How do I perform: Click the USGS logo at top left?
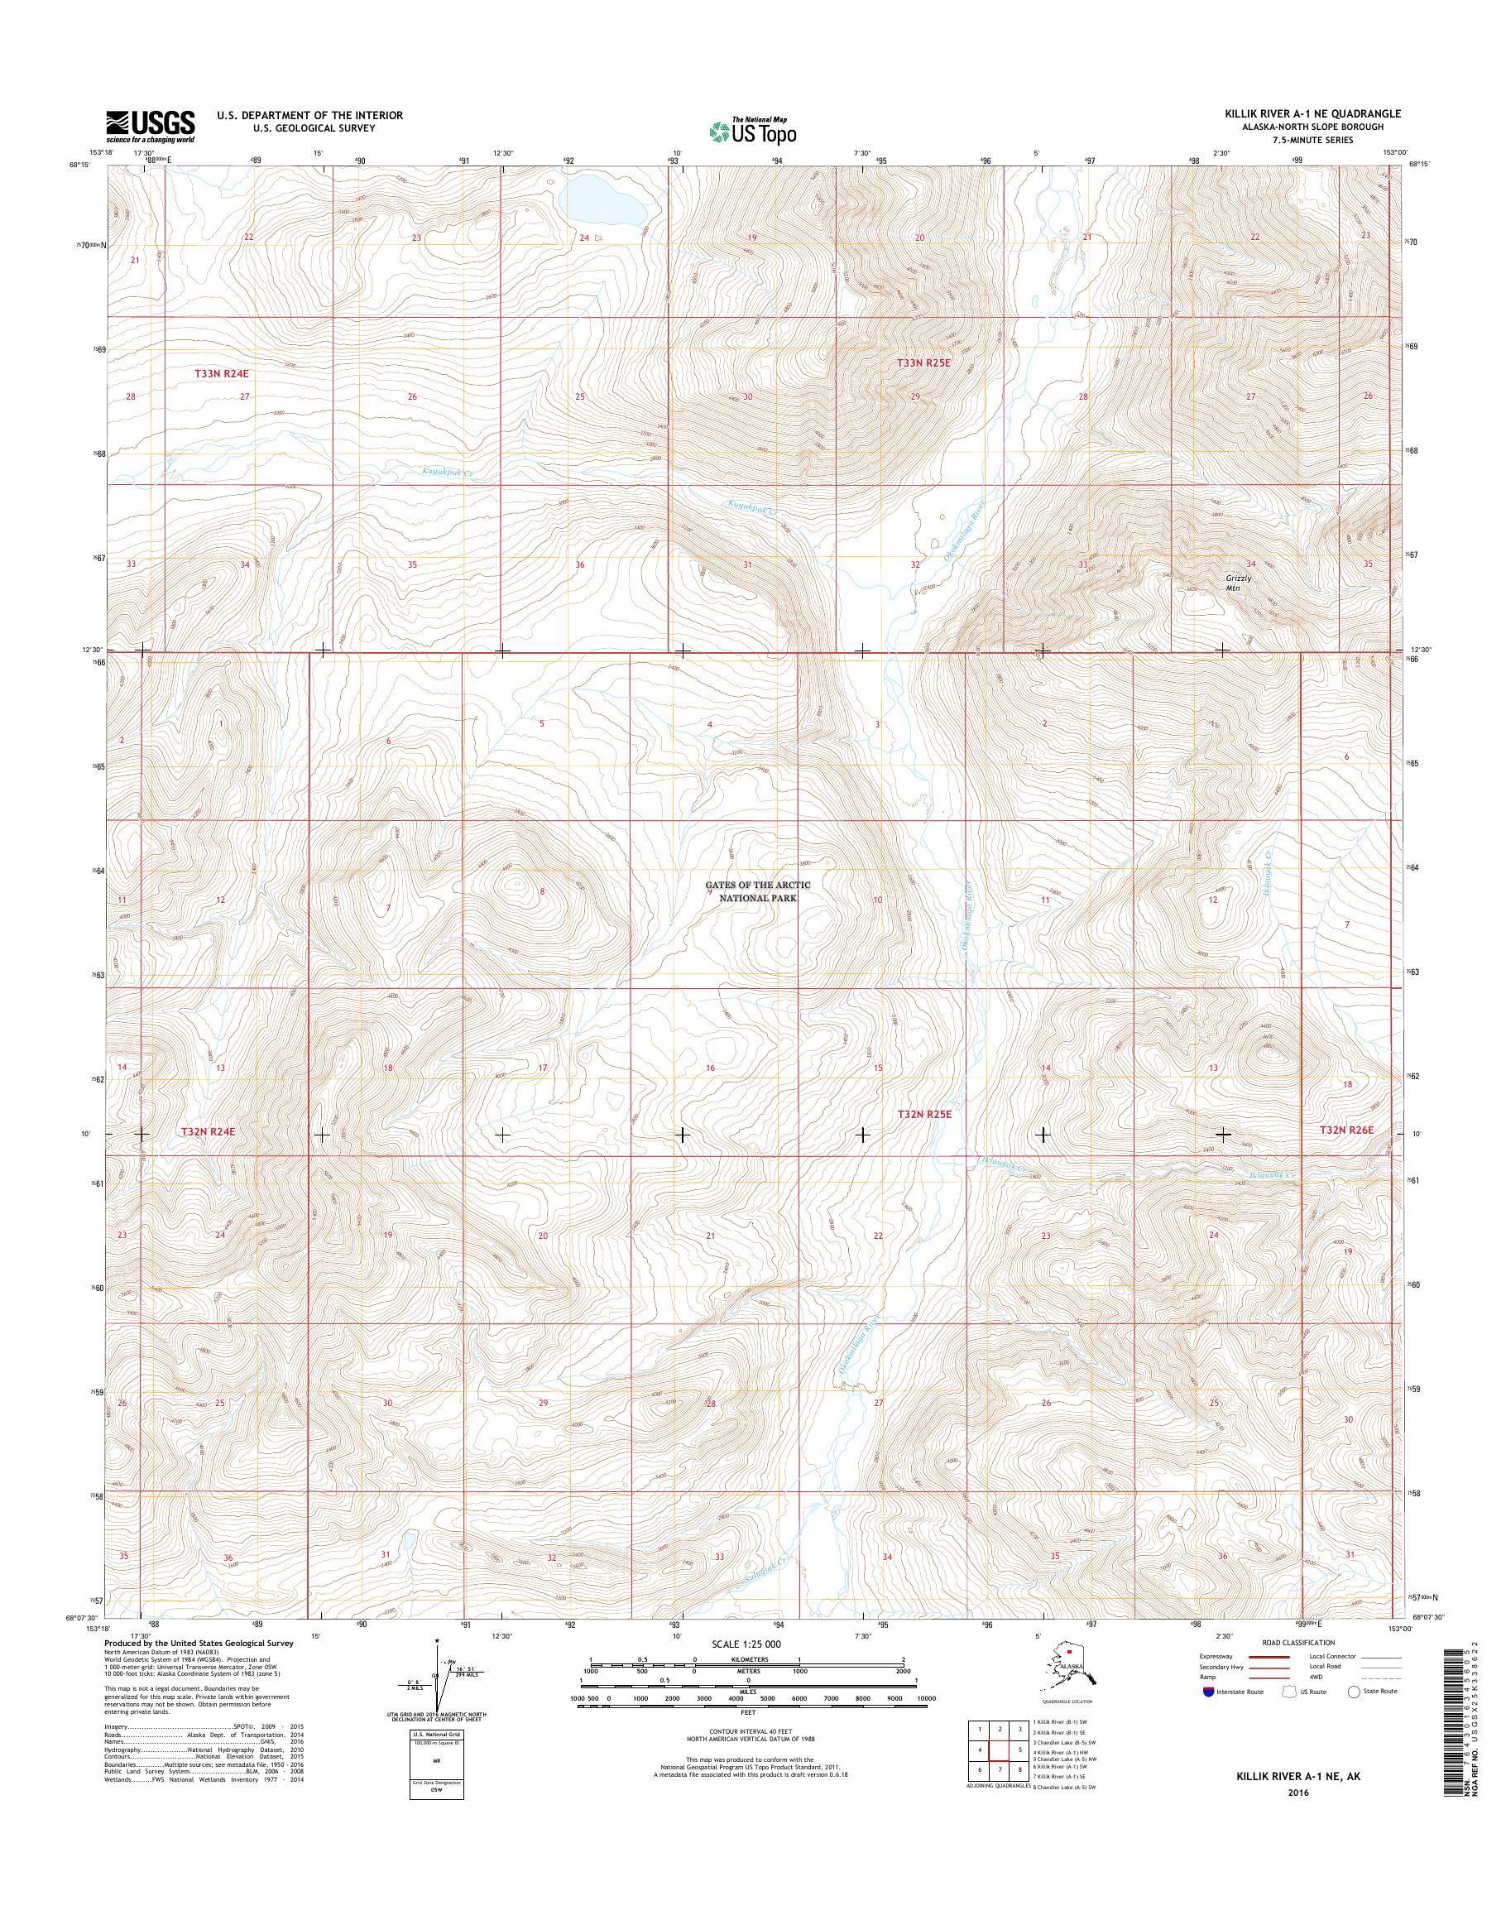[x=150, y=126]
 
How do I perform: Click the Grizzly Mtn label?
[x=1238, y=582]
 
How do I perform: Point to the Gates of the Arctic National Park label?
[x=751, y=890]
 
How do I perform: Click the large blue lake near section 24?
[x=604, y=202]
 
